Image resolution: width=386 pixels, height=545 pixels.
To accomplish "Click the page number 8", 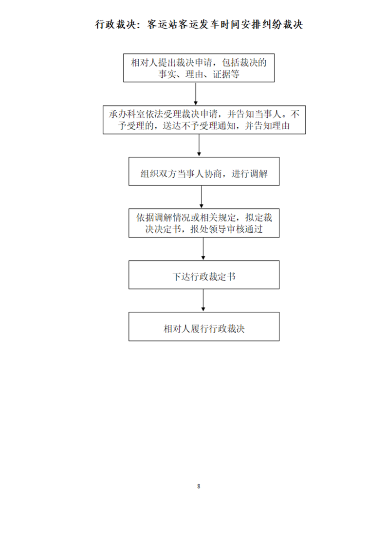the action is [x=199, y=486].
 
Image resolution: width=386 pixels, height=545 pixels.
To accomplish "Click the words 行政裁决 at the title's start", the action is [x=116, y=24].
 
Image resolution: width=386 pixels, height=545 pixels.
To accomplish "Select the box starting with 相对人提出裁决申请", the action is [x=199, y=68].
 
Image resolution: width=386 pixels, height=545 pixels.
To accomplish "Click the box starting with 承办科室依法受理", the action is [x=204, y=120].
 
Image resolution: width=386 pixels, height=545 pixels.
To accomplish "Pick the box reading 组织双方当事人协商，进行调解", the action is [x=204, y=171].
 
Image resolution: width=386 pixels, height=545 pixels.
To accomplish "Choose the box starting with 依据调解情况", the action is [x=204, y=223].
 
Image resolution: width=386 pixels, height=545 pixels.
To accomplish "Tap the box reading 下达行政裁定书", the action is [x=204, y=274].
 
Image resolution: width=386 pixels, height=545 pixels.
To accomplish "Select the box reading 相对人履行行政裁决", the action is [x=204, y=326].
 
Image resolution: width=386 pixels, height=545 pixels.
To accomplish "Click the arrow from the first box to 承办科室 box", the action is [x=196, y=94].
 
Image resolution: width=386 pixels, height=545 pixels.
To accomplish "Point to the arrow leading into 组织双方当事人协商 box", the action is [x=199, y=145].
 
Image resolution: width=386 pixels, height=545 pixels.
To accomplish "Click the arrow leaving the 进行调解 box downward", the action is [x=202, y=197].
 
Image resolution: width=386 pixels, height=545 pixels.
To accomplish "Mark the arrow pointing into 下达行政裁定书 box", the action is [x=203, y=249].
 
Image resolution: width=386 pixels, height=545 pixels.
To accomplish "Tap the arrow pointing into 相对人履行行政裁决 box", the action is [x=203, y=300].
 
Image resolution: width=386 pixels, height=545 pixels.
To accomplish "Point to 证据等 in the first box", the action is [x=226, y=74].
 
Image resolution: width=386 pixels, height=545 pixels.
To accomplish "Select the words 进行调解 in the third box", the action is [x=249, y=173].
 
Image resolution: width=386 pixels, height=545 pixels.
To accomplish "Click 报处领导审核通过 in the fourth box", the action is [x=226, y=229].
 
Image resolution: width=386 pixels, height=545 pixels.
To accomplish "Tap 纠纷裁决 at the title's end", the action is [x=282, y=24].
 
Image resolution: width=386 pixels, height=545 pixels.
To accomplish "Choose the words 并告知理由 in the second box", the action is [x=268, y=126].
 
